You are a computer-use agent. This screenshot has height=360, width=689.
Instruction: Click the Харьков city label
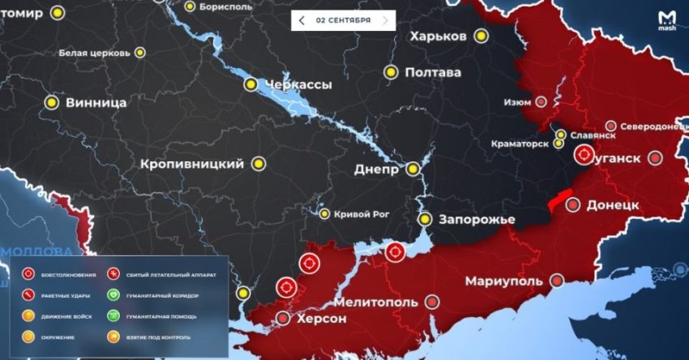[x=438, y=36]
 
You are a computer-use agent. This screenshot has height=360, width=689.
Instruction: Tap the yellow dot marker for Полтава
[x=392, y=72]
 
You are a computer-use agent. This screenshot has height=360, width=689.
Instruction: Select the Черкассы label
[x=299, y=84]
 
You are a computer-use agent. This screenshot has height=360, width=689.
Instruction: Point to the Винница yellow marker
[x=52, y=103]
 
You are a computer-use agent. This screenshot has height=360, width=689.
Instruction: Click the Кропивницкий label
[x=192, y=164]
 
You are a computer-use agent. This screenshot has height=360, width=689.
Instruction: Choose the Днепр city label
[x=376, y=170]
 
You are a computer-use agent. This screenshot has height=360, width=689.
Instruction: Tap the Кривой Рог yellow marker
[x=324, y=214]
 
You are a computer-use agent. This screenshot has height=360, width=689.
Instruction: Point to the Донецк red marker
[x=573, y=204]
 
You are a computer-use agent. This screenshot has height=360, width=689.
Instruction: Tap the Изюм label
[x=517, y=102]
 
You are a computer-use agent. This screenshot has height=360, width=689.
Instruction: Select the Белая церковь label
[x=94, y=54]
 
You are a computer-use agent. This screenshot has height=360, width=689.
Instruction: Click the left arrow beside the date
[x=302, y=19]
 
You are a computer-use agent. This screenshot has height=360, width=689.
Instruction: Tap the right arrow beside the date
[x=385, y=19]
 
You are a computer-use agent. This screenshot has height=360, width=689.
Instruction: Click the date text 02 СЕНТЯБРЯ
[x=344, y=19]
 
